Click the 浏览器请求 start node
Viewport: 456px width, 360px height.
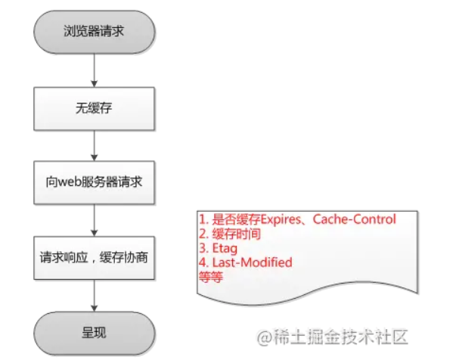coord(95,32)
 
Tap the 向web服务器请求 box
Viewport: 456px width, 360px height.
coord(95,182)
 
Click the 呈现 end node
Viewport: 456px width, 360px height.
coord(95,331)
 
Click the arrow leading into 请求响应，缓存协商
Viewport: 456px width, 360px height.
coord(95,219)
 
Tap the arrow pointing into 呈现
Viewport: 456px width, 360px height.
coord(95,293)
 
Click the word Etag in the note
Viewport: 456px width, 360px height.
coord(226,248)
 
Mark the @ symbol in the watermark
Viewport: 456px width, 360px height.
coord(264,334)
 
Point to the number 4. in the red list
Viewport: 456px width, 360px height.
coord(203,262)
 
